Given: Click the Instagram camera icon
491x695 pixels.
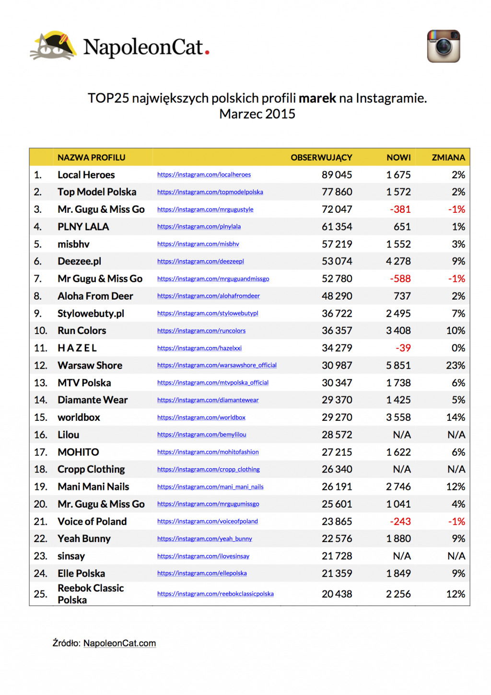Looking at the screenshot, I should coord(444,46).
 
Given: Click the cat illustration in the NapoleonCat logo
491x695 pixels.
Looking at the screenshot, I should coord(53,46).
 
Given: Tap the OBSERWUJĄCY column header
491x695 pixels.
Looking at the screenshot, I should coord(321,157).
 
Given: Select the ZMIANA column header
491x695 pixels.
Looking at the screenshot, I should coord(448,157).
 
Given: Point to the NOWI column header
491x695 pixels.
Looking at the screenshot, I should coord(398,157).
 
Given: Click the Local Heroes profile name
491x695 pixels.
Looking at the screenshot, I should coord(86,175).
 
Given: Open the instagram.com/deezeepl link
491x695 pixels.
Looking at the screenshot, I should coord(200,261).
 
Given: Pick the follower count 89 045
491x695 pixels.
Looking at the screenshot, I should coord(337,175).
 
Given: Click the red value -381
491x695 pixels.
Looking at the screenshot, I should coord(400,209).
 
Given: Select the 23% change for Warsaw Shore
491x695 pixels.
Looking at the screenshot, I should coord(455,365).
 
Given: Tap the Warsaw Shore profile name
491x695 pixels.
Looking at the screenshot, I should coord(90,365).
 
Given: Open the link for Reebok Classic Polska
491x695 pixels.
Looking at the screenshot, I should coord(215,594).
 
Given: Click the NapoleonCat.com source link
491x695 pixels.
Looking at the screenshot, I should coord(119,643).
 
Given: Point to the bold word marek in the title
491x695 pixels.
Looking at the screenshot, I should coord(317,98).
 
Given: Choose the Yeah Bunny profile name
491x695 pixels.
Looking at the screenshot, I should coord(84,539).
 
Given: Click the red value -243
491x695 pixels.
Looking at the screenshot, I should coord(400,521).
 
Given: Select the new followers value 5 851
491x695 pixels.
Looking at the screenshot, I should coord(398,365).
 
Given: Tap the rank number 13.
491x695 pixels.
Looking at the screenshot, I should coord(40,382).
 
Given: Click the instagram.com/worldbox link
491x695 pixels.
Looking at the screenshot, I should coord(201,417).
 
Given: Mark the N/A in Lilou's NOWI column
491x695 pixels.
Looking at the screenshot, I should coord(402,435).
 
